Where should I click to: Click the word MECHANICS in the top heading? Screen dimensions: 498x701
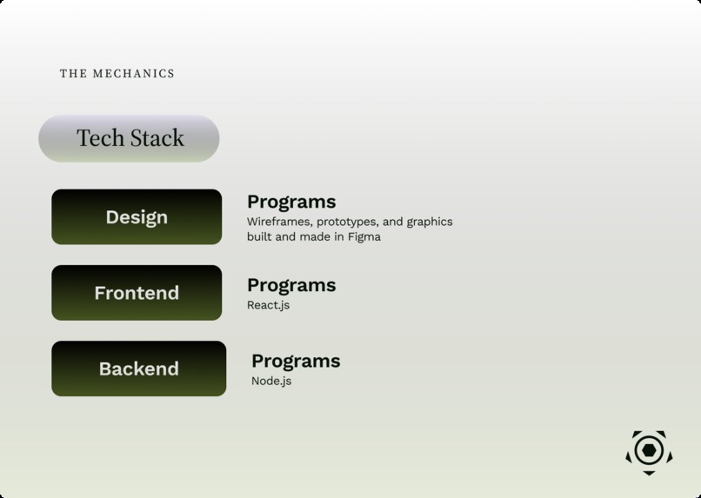click(132, 74)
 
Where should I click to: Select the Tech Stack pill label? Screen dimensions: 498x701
click(130, 138)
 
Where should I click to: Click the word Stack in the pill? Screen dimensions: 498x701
click(157, 138)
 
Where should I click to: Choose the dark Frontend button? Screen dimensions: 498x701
click(137, 293)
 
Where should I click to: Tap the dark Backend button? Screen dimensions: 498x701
click(138, 369)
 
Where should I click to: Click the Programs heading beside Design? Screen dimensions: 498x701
click(291, 202)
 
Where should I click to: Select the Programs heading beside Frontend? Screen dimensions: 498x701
click(291, 285)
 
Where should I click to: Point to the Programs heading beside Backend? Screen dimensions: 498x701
click(296, 361)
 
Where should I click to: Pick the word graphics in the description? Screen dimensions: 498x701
click(430, 222)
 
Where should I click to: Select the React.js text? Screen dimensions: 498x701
click(268, 305)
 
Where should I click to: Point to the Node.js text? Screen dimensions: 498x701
click(271, 381)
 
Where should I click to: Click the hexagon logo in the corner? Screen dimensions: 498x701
click(649, 450)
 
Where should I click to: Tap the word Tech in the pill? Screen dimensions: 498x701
click(99, 138)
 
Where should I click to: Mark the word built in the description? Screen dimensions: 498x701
click(260, 236)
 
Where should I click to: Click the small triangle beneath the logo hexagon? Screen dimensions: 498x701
click(649, 472)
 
